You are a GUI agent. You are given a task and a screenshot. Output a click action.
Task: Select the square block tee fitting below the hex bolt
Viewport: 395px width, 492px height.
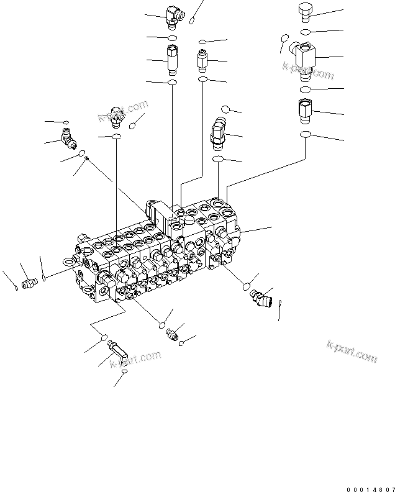307,57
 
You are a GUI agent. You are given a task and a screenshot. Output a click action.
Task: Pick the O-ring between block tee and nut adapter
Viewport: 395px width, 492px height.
307,90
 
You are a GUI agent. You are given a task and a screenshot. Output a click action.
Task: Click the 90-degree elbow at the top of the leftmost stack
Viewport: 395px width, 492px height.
173,12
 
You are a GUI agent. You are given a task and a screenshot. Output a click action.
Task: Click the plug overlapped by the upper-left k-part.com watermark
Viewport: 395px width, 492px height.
115,116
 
